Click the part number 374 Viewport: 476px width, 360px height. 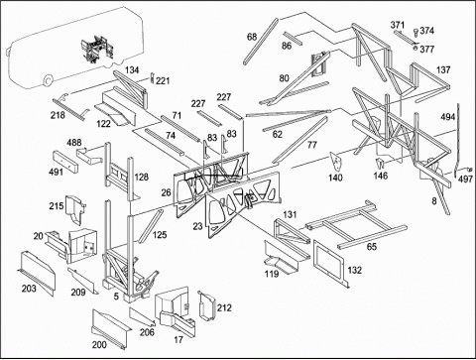[x=427, y=31]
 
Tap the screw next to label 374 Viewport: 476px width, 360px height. [x=416, y=33]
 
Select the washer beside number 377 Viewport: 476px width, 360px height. [x=416, y=49]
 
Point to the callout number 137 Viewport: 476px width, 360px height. [x=443, y=69]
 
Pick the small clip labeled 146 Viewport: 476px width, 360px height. [x=380, y=163]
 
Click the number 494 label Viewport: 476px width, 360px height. [x=447, y=117]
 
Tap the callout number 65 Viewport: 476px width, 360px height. [x=372, y=247]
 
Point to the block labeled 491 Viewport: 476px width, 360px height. [x=65, y=163]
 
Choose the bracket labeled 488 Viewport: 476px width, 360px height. [x=89, y=156]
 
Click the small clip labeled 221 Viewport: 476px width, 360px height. [x=152, y=78]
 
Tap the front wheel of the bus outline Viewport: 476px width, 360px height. [x=48, y=80]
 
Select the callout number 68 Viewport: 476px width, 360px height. [x=252, y=37]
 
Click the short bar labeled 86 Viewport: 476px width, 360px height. [x=293, y=39]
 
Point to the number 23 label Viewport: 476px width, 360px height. [x=197, y=226]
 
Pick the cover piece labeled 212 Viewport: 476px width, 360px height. [x=206, y=305]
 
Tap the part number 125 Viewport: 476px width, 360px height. [x=160, y=235]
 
